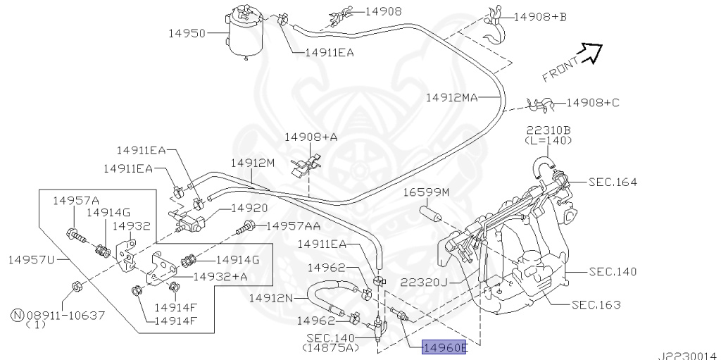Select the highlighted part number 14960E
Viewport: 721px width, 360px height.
[x=445, y=347]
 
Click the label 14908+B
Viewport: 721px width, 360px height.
[x=540, y=17]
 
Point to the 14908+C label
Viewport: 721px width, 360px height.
[x=593, y=103]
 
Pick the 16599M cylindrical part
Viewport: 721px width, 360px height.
[x=431, y=215]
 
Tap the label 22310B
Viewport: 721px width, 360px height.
[x=548, y=130]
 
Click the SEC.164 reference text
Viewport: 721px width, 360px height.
[x=613, y=182]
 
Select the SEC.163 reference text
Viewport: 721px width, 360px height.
[x=596, y=305]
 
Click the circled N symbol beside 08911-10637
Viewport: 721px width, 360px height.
[x=17, y=316]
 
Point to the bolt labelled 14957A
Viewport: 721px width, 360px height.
[x=75, y=236]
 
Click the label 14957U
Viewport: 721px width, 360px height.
[x=31, y=260]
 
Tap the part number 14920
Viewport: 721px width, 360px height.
[x=249, y=209]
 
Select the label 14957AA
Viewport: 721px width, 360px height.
[x=294, y=225]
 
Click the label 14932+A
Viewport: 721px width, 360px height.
[x=220, y=276]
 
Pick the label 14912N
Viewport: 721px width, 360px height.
[x=271, y=298]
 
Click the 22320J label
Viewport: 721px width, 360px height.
[x=423, y=282]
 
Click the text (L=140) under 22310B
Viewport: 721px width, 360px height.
[x=548, y=140]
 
